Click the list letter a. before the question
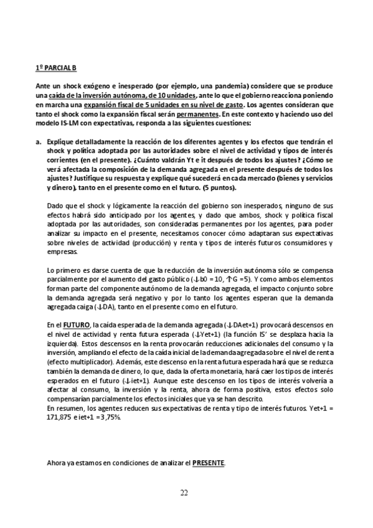38,141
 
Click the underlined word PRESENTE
209,463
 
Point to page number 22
184,494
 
